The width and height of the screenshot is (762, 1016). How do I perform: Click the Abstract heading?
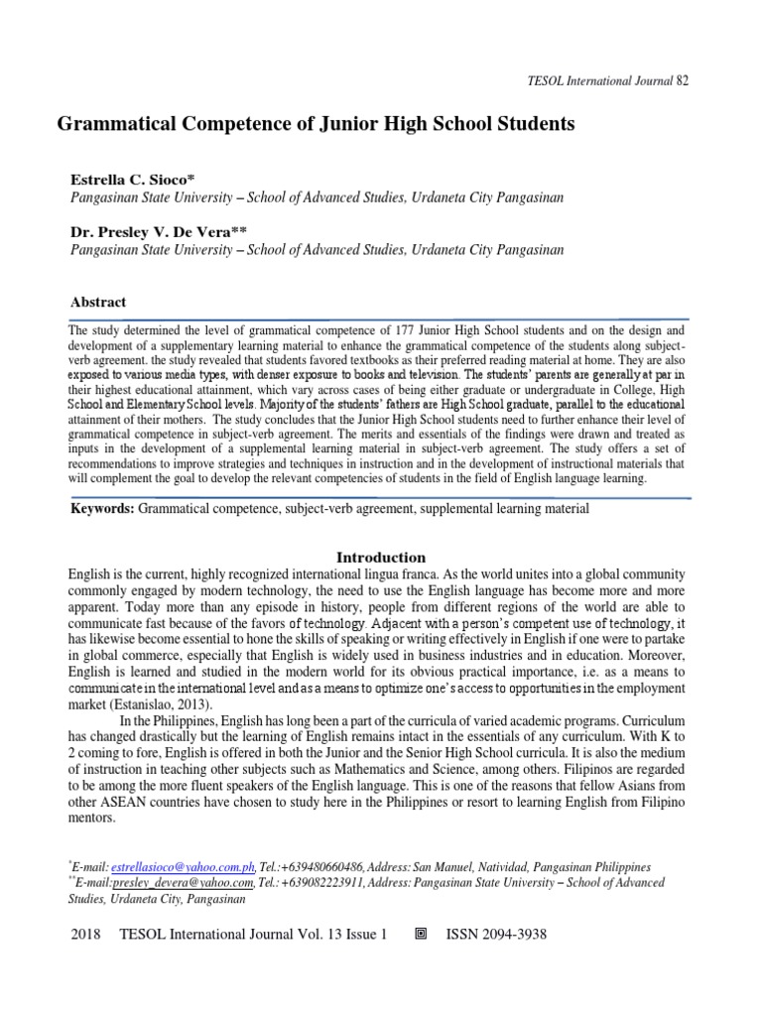click(x=98, y=302)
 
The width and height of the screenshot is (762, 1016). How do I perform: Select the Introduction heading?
click(x=381, y=558)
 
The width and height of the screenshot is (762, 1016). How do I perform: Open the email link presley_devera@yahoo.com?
click(x=186, y=882)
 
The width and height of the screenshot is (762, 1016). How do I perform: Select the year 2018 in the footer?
click(x=89, y=936)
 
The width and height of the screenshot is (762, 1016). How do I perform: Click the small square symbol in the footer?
click(x=420, y=935)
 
